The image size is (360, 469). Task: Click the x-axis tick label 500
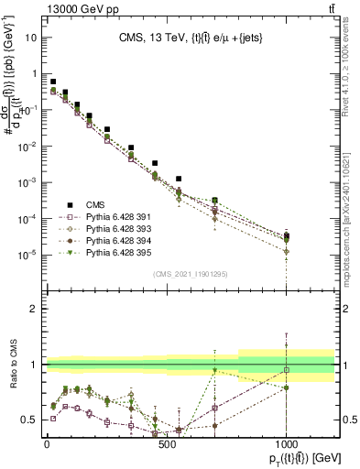(167, 442)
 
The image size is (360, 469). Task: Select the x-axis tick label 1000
(287, 442)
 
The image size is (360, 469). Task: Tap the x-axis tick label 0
(47, 442)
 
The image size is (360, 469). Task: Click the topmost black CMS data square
(53, 82)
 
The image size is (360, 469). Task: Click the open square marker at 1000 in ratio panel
(287, 370)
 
